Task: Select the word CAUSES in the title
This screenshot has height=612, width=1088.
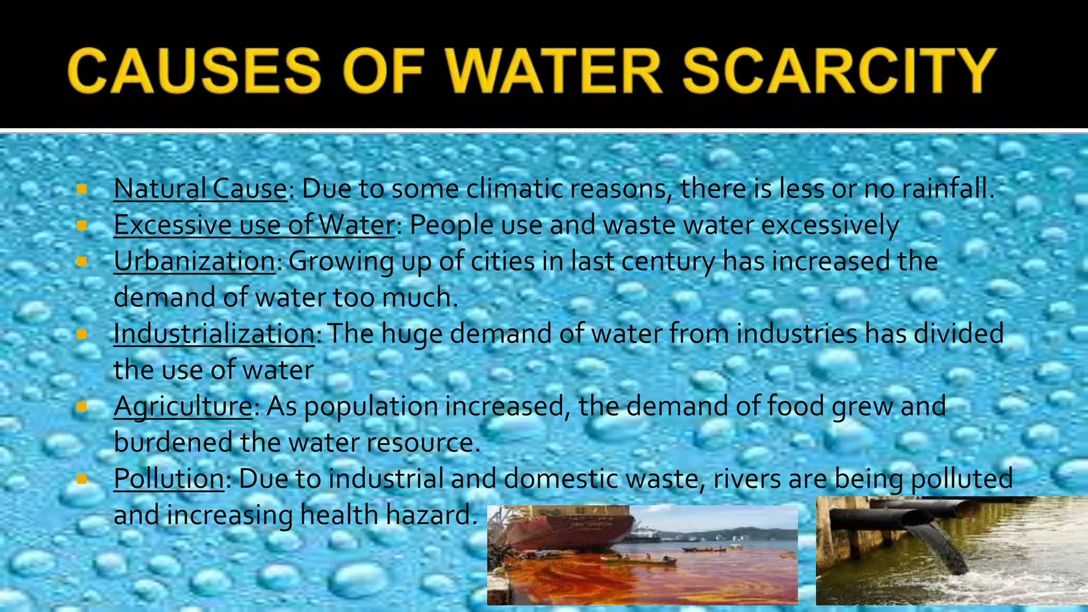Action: (194, 71)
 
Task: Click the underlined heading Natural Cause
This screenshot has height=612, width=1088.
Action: (200, 189)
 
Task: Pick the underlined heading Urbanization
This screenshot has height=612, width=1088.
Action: (194, 261)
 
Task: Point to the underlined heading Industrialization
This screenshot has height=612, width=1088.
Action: (214, 334)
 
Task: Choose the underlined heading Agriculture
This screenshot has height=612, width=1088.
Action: (183, 406)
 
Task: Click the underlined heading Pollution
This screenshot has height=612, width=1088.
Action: (169, 479)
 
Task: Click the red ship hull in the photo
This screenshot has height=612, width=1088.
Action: (568, 529)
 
